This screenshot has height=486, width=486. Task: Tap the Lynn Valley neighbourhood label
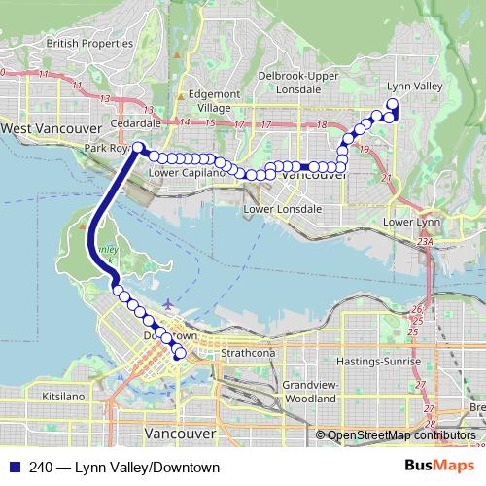[415, 87]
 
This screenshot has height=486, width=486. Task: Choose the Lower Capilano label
[187, 173]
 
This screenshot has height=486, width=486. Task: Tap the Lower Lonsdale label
[283, 209]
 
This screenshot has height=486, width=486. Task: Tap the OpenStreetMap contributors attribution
[401, 435]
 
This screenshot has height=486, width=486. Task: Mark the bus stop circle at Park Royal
[139, 149]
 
